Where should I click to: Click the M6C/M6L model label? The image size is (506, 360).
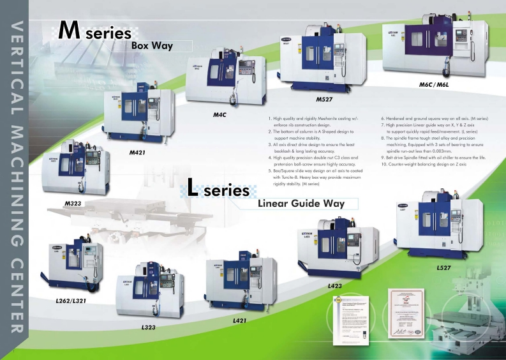[434, 84]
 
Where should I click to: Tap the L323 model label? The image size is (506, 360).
[149, 327]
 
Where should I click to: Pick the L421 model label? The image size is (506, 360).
[241, 319]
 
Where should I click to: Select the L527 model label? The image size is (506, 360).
[445, 268]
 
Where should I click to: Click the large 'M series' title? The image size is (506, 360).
[94, 31]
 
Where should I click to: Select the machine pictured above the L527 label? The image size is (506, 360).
[445, 229]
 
